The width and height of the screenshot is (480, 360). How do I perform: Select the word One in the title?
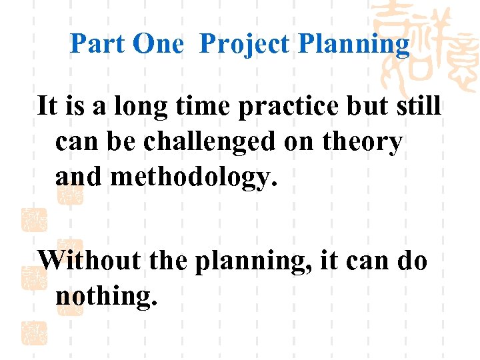(x=158, y=44)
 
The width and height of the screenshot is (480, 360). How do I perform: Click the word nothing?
(x=107, y=295)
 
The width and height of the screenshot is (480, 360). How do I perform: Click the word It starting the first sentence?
(x=47, y=106)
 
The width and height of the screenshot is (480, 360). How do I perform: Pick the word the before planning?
(x=169, y=259)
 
